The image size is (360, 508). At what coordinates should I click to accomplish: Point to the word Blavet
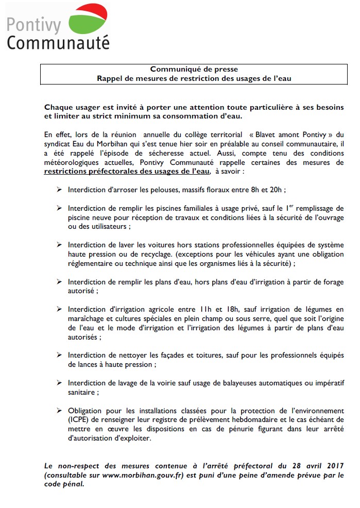point(266,135)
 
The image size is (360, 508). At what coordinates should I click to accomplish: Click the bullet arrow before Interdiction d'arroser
point(59,190)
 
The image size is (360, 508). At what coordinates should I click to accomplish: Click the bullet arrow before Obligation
point(59,411)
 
